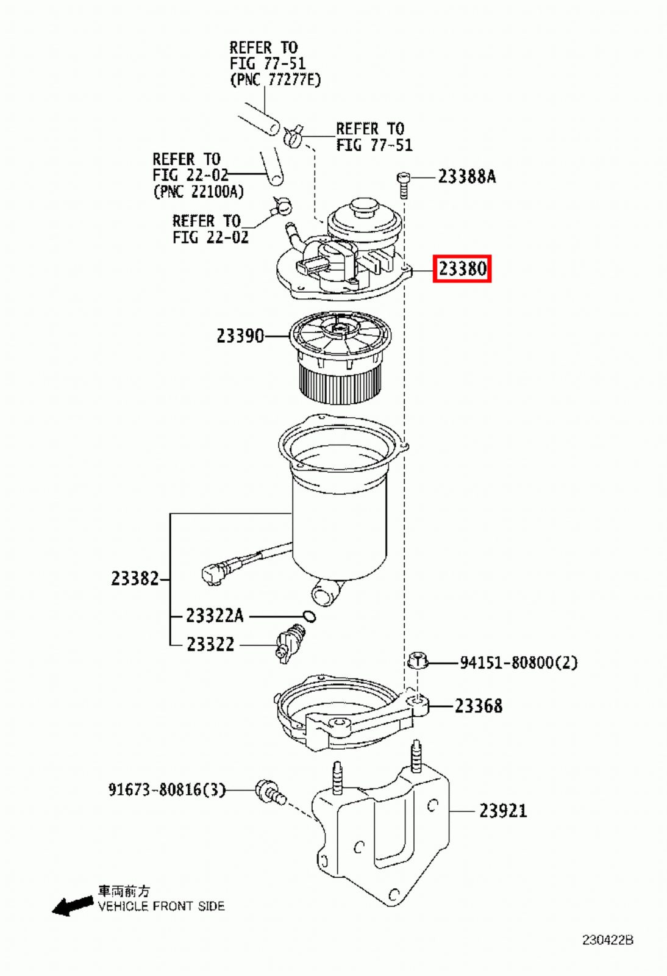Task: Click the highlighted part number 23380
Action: pyautogui.click(x=462, y=268)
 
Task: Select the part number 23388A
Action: pyautogui.click(x=466, y=177)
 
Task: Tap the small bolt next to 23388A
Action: pyautogui.click(x=402, y=184)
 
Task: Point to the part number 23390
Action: pyautogui.click(x=240, y=335)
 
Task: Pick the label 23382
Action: pyautogui.click(x=135, y=578)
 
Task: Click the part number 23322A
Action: pyautogui.click(x=214, y=616)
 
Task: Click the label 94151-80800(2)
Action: pyautogui.click(x=518, y=662)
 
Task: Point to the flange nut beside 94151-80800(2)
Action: pyautogui.click(x=418, y=661)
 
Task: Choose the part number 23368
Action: pyautogui.click(x=479, y=706)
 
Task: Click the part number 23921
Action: pyautogui.click(x=502, y=811)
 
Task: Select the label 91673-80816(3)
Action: pyautogui.click(x=166, y=790)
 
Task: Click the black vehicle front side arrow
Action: pyautogui.click(x=72, y=906)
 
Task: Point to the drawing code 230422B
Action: pyautogui.click(x=607, y=940)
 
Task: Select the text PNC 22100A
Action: pyautogui.click(x=198, y=192)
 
